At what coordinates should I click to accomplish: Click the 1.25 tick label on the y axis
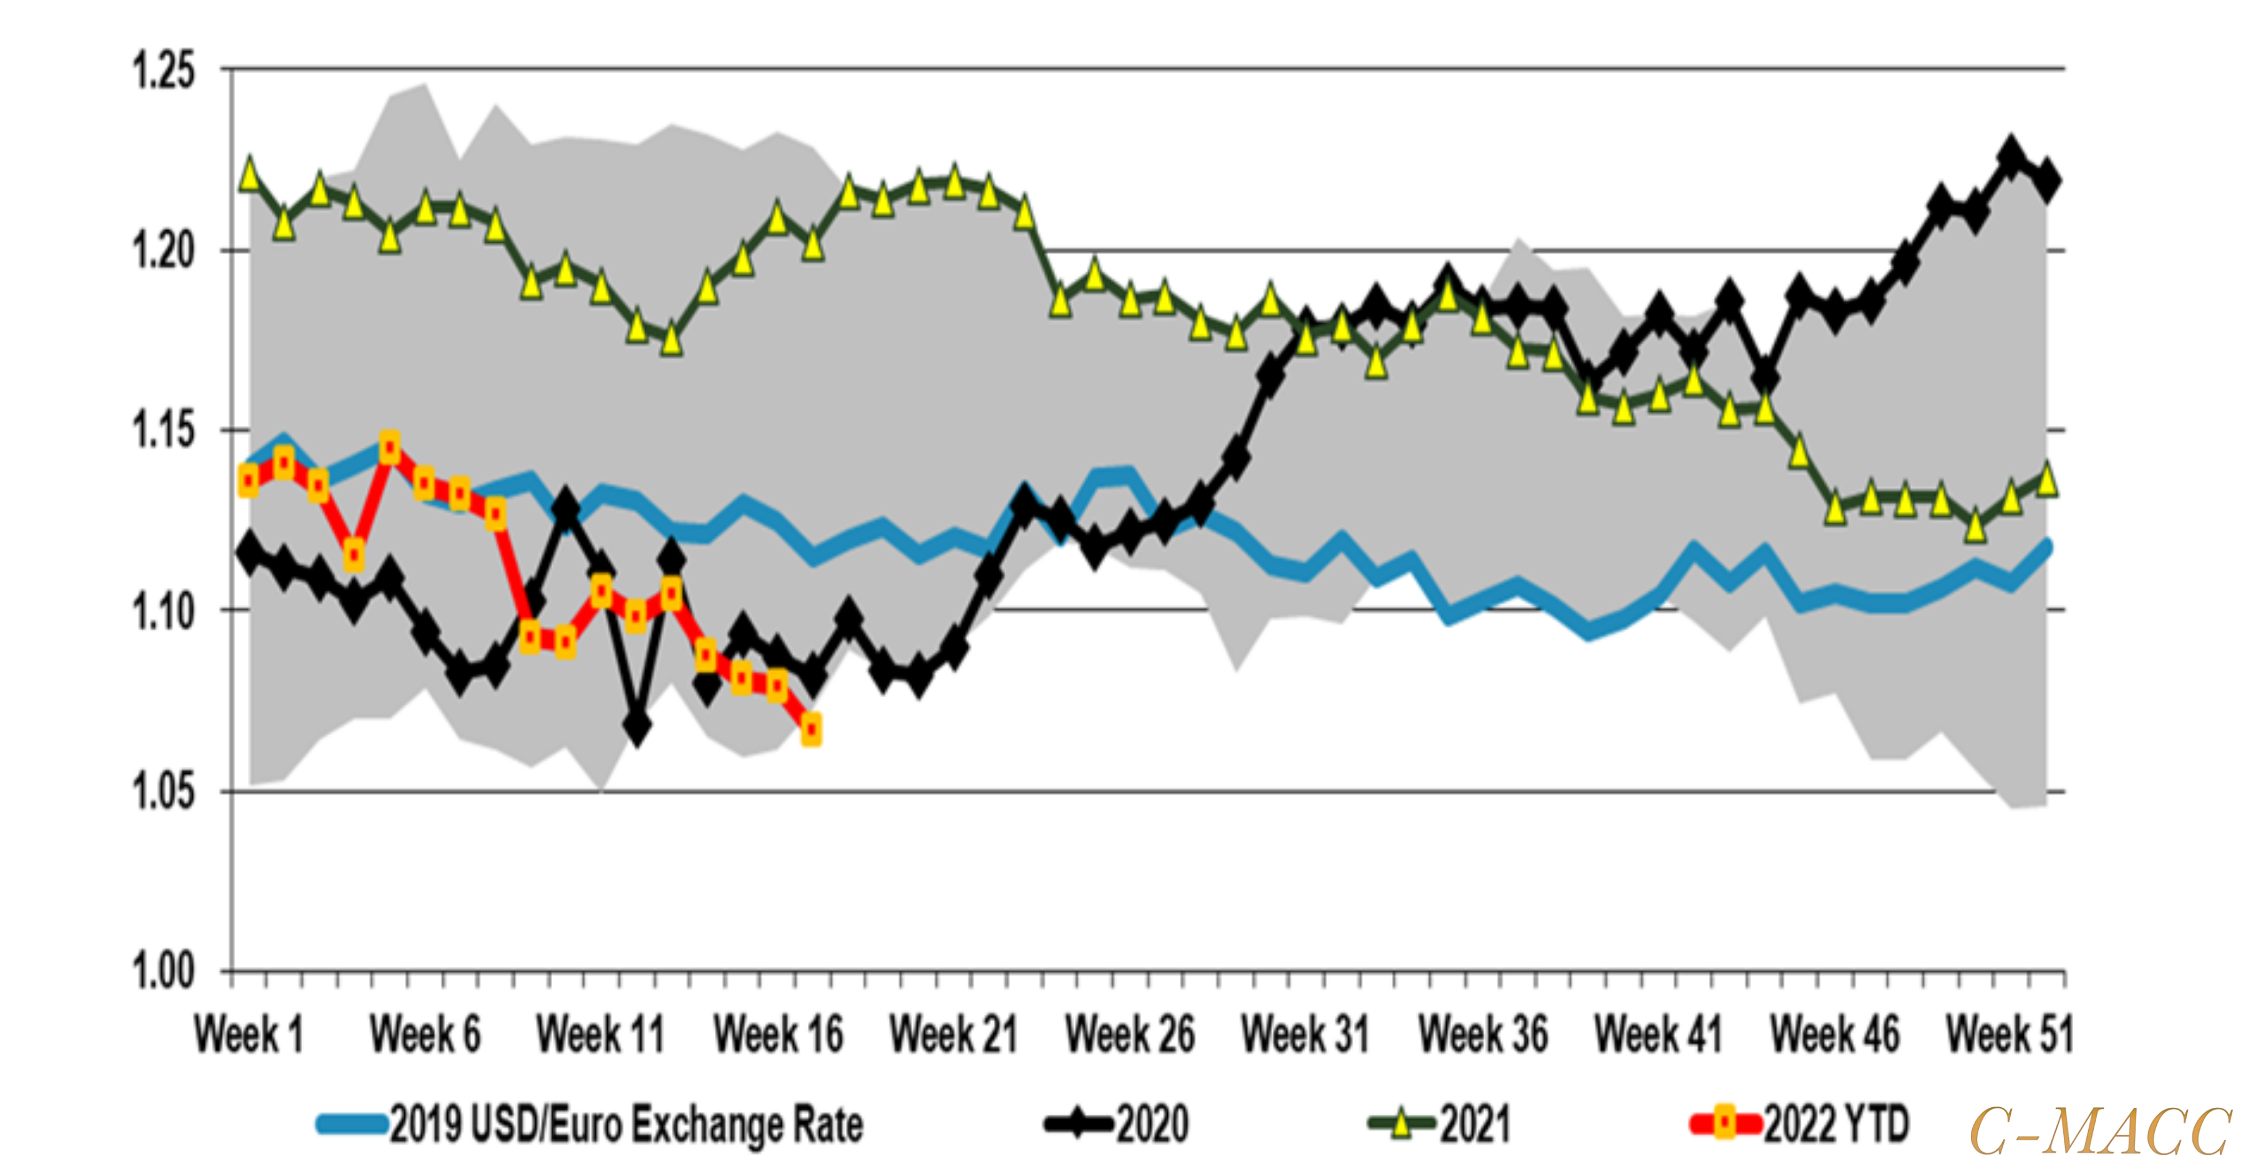(163, 71)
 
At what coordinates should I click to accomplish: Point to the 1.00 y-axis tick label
(163, 971)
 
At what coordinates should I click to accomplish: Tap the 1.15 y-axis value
(163, 431)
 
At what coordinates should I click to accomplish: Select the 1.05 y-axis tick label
(163, 791)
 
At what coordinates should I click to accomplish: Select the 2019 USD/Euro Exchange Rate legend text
(626, 1124)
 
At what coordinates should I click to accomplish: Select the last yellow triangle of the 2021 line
(2046, 479)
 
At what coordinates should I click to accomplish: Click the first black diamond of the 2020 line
(250, 552)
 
